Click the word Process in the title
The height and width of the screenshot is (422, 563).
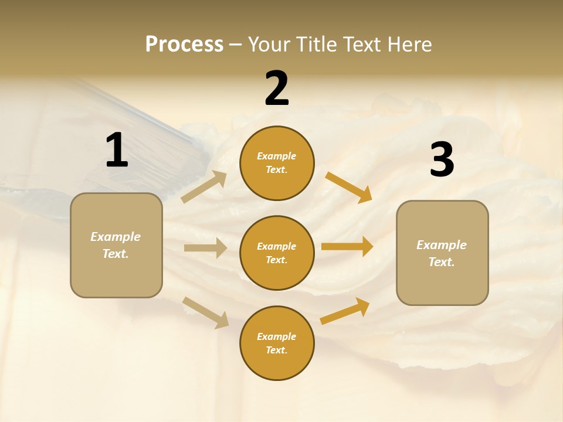(184, 45)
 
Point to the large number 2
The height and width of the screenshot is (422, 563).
(277, 89)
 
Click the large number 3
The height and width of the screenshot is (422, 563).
(442, 160)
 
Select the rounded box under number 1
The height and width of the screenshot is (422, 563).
(116, 245)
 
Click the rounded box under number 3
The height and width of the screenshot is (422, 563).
(442, 253)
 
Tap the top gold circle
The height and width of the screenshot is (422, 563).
(277, 163)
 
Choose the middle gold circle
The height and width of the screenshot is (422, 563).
(277, 253)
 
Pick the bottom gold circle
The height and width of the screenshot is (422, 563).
(277, 343)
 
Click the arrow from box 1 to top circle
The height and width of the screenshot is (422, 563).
(204, 187)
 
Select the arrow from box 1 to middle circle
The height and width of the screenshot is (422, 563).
(205, 248)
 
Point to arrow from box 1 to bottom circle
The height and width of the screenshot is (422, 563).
(205, 312)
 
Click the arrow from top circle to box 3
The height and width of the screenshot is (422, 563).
(348, 187)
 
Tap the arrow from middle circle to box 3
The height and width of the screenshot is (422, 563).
(347, 247)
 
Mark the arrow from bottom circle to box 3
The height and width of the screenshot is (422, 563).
(345, 311)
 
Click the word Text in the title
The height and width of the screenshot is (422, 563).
(359, 45)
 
